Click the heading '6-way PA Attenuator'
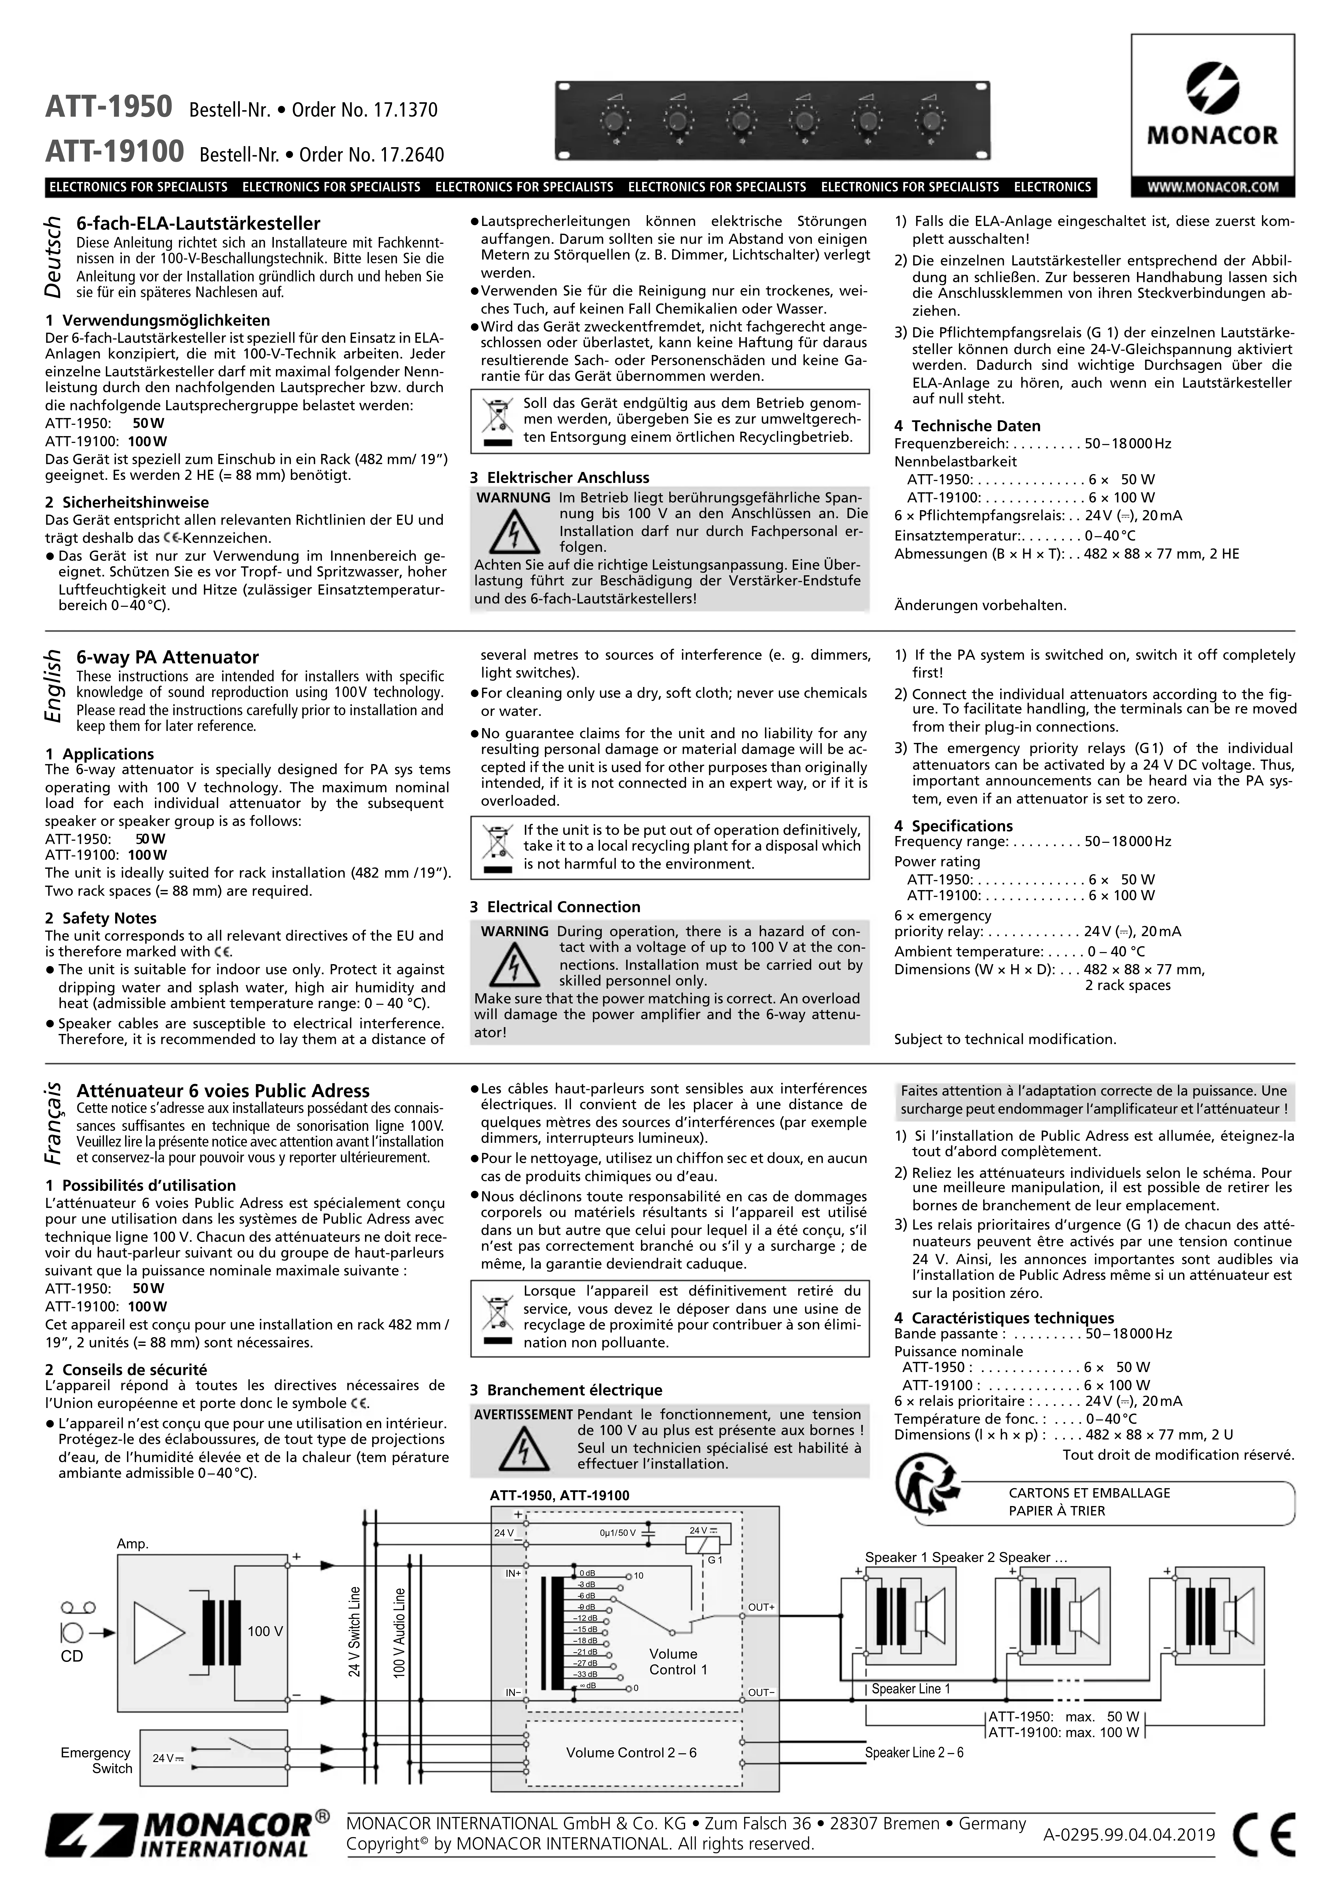(167, 657)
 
